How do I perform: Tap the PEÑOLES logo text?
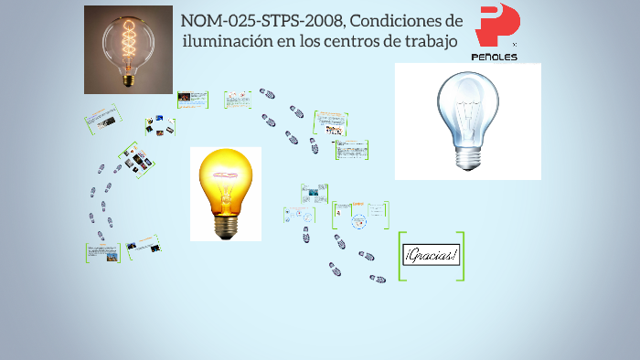[x=494, y=57]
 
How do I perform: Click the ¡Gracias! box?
[x=432, y=256]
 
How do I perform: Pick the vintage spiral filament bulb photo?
[x=128, y=49]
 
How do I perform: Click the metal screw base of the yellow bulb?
[x=225, y=222]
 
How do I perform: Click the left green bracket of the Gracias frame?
[x=401, y=256]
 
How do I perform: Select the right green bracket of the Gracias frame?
[x=461, y=256]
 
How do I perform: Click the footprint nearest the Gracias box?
[x=377, y=279]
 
